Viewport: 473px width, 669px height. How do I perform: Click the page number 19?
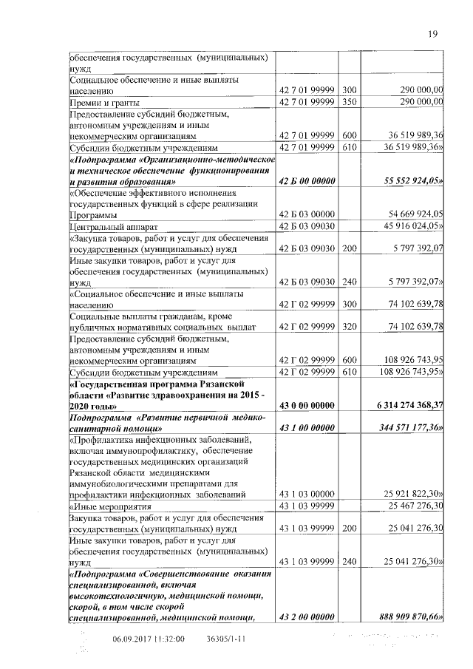click(x=433, y=33)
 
